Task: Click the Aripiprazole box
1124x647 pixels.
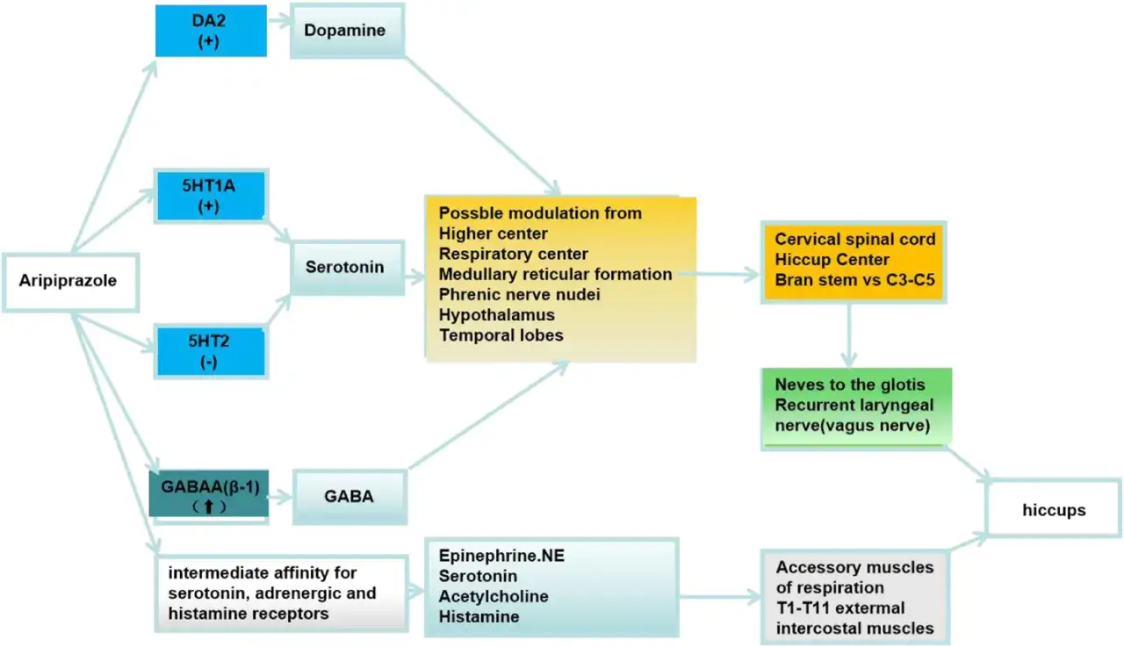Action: click(71, 283)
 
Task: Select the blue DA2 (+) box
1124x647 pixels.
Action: click(211, 31)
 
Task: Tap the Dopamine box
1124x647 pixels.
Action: click(347, 31)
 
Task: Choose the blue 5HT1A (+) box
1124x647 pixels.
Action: click(211, 196)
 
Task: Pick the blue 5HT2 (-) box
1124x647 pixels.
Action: click(211, 351)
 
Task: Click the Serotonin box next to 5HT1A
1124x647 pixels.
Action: click(347, 268)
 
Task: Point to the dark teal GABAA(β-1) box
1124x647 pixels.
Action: click(209, 493)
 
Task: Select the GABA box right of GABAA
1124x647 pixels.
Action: click(349, 497)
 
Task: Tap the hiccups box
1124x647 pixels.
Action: click(1054, 508)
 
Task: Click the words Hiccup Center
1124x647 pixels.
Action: click(832, 260)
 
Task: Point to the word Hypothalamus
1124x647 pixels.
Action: click(497, 315)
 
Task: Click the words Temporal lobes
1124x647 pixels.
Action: click(501, 335)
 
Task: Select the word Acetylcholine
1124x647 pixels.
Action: click(494, 596)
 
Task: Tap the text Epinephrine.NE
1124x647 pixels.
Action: click(501, 556)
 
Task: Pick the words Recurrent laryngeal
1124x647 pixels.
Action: click(854, 405)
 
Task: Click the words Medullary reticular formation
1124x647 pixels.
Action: click(556, 275)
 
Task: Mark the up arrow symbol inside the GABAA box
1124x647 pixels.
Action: click(209, 507)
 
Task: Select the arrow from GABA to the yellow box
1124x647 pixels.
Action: click(489, 414)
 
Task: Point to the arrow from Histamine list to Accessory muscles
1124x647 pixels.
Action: click(719, 597)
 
